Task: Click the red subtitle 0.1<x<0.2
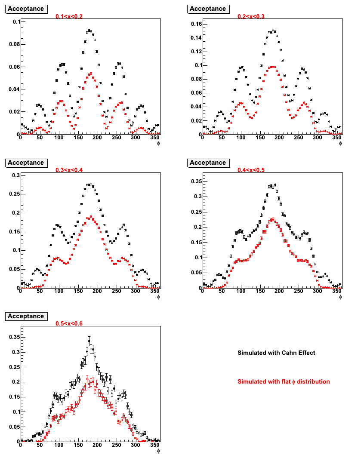click(69, 16)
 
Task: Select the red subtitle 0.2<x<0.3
click(251, 16)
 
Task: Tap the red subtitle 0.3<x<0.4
click(69, 170)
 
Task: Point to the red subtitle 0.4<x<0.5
click(251, 170)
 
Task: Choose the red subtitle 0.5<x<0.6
click(69, 323)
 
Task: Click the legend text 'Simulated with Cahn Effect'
click(276, 353)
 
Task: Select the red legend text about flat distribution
click(284, 381)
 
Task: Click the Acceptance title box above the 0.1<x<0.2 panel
click(27, 9)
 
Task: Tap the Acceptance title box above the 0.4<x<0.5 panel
click(208, 163)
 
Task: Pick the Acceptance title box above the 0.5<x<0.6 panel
click(27, 317)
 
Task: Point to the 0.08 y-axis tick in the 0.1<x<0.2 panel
click(15, 44)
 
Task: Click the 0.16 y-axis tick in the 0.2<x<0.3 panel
click(196, 24)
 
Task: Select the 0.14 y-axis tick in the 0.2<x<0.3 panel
click(196, 38)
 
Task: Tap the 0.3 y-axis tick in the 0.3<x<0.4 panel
click(16, 175)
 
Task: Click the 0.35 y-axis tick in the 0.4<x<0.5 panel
click(196, 181)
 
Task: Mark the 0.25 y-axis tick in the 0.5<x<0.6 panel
click(15, 367)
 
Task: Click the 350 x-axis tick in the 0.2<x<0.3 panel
click(336, 137)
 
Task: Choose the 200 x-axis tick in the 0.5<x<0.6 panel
click(97, 445)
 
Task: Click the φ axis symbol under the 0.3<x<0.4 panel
click(158, 297)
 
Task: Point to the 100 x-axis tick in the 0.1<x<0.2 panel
click(59, 137)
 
